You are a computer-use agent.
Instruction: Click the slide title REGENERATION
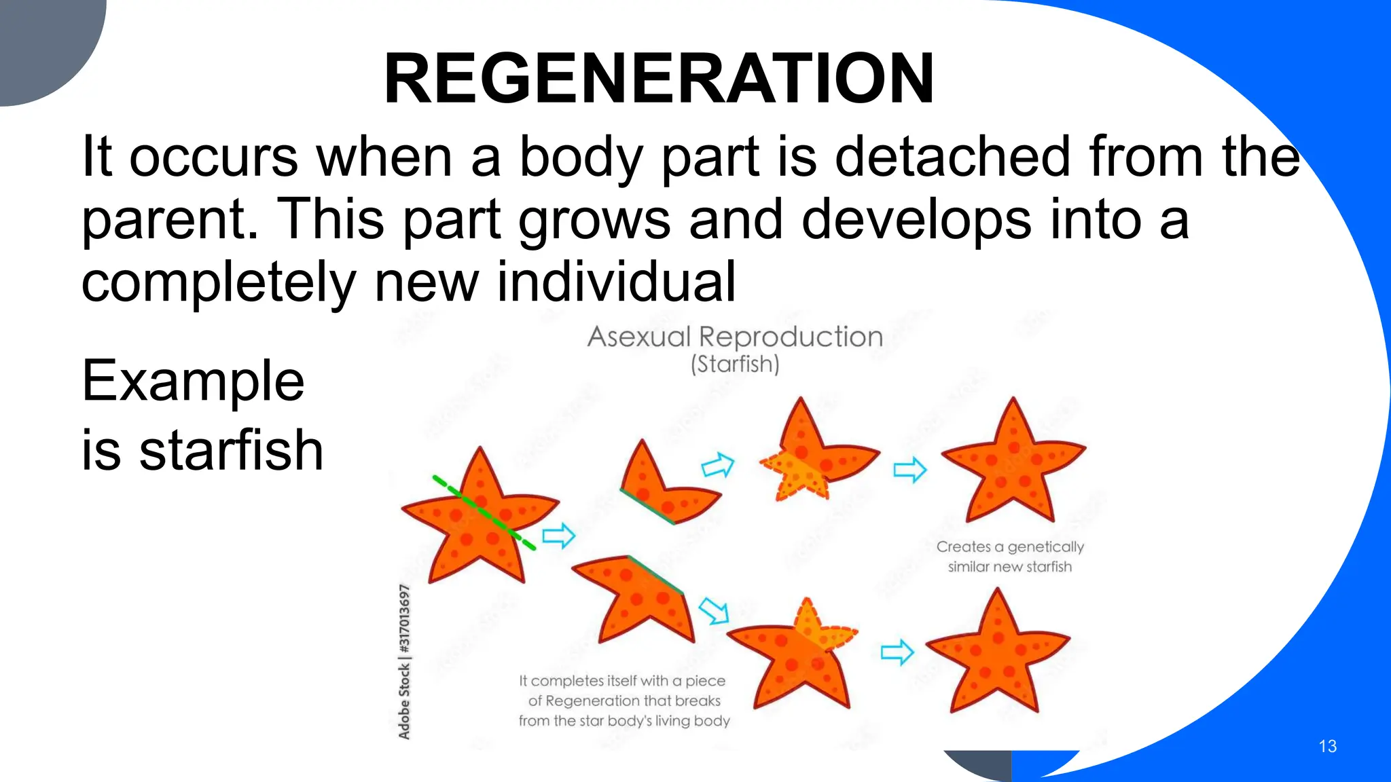[659, 79]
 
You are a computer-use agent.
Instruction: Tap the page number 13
[1327, 747]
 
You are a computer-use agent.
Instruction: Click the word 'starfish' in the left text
[231, 450]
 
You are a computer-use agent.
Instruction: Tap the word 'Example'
[193, 381]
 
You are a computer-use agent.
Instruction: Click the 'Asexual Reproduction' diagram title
[735, 337]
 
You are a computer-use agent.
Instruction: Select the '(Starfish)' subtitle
[735, 365]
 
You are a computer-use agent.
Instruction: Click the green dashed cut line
[484, 513]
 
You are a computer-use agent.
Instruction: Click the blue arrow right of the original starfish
[559, 536]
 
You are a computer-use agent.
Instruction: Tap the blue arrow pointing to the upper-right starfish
[910, 469]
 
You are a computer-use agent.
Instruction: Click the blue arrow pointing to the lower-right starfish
[897, 652]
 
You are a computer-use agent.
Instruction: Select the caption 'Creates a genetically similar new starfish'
[1010, 557]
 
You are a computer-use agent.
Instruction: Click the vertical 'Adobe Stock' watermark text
[405, 662]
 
